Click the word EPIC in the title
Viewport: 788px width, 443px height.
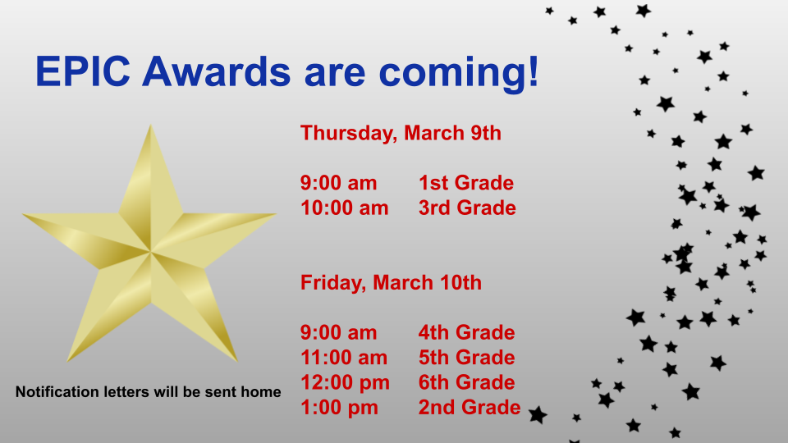tap(83, 71)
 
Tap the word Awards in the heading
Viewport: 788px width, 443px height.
tap(217, 71)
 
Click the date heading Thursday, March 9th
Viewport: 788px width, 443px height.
tap(401, 134)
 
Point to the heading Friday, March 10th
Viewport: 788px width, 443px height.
tap(391, 283)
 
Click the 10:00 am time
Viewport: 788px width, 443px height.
tap(344, 208)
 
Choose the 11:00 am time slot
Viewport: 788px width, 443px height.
tap(344, 358)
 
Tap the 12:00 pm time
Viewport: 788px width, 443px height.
tap(345, 383)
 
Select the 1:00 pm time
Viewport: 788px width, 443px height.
tap(339, 408)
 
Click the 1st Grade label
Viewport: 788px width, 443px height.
tap(466, 183)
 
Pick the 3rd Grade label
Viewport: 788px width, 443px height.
tap(467, 208)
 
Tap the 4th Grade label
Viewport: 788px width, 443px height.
tap(466, 332)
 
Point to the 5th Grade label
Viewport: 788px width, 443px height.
tap(466, 358)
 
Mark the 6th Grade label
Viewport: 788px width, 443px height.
tap(466, 383)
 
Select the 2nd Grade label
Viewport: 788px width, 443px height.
tap(470, 408)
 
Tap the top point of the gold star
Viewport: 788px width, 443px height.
tap(150, 126)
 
